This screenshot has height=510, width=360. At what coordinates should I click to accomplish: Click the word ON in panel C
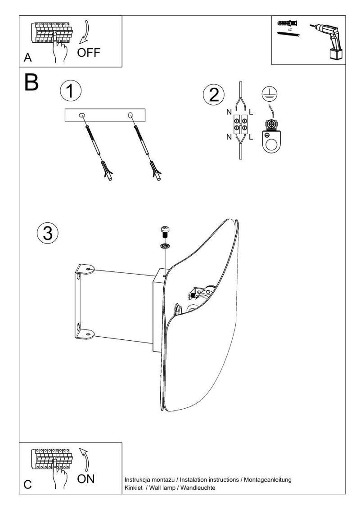(85, 478)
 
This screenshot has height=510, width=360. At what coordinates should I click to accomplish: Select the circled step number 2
(213, 95)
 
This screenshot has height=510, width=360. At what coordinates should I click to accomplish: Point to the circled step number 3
(47, 234)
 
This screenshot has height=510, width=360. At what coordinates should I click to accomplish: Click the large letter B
(32, 82)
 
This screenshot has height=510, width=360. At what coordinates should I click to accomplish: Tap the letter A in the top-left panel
(28, 59)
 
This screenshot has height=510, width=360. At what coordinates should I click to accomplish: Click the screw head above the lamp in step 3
(165, 232)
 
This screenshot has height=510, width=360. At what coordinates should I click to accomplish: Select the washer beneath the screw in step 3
(165, 246)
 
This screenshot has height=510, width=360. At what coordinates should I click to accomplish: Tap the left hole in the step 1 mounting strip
(82, 116)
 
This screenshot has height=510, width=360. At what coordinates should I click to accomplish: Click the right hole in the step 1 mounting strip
(130, 116)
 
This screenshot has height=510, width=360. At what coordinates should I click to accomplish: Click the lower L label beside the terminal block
(251, 136)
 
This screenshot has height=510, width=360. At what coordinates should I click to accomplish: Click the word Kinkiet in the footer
(134, 488)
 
